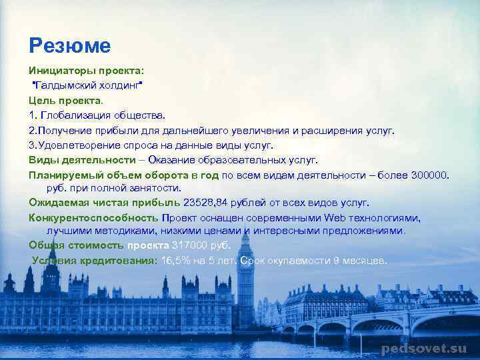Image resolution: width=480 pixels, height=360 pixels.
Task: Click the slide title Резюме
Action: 69,45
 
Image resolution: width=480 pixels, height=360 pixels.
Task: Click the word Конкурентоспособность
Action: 93,217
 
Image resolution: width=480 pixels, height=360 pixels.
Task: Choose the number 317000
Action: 189,245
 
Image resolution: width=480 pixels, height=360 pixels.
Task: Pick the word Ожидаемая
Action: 56,202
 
